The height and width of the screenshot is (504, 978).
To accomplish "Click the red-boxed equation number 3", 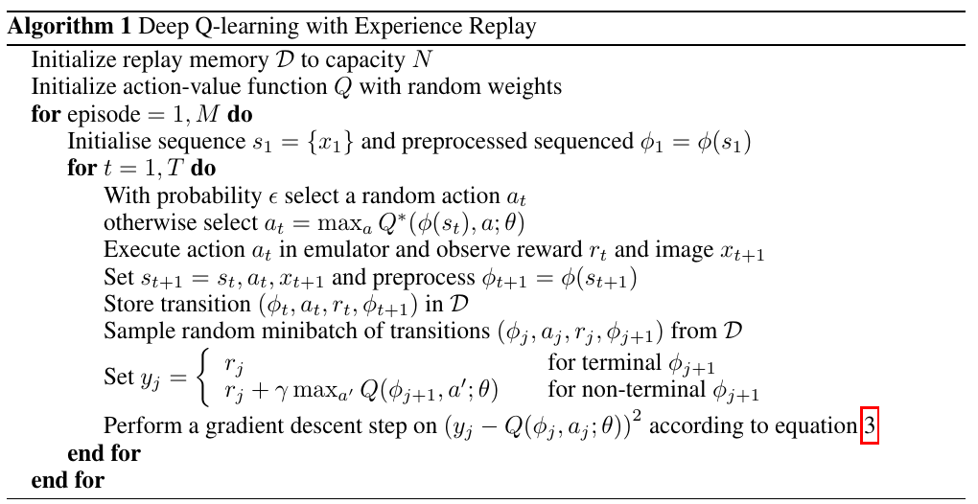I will [x=870, y=426].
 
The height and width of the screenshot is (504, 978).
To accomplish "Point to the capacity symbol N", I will [x=422, y=60].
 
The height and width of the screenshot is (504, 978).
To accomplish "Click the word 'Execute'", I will [x=138, y=250].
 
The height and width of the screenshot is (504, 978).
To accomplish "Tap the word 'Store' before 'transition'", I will [x=127, y=305].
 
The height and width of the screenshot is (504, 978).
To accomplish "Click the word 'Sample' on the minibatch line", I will [x=134, y=332].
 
